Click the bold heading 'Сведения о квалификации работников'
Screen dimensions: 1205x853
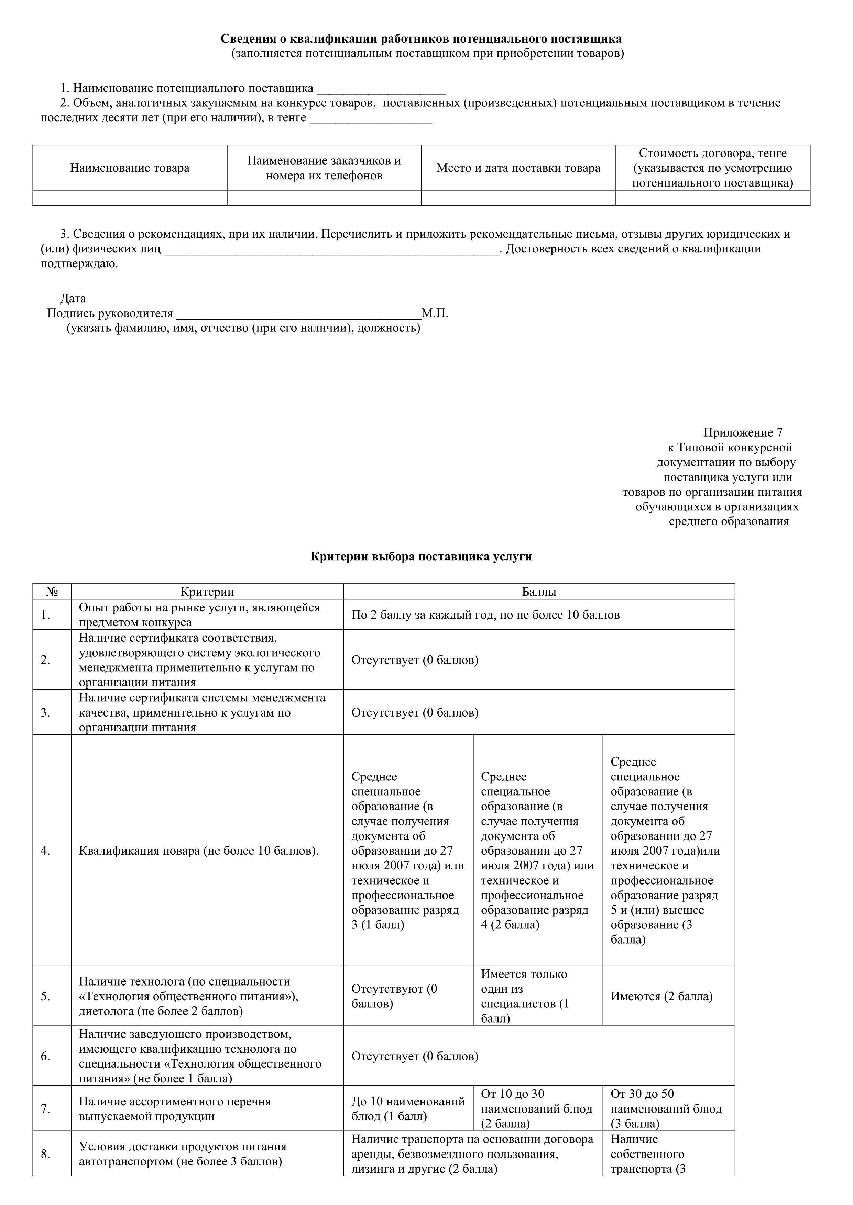pos(421,39)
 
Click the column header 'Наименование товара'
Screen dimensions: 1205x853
pos(130,168)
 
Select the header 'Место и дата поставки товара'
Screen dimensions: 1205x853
pos(518,168)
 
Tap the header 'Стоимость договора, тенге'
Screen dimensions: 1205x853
pos(712,153)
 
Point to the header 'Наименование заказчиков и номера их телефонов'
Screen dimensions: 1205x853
pos(324,168)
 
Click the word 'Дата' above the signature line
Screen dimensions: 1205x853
pos(73,299)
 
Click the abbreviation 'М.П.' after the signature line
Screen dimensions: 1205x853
pos(434,313)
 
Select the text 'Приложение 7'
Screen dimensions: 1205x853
pos(743,432)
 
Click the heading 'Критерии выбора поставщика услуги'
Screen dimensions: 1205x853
pos(421,557)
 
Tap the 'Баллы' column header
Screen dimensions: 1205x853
pos(539,592)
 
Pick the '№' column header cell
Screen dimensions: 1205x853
pos(52,592)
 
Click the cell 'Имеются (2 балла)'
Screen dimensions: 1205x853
pos(661,996)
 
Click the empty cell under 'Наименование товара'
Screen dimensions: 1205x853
pos(130,198)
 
